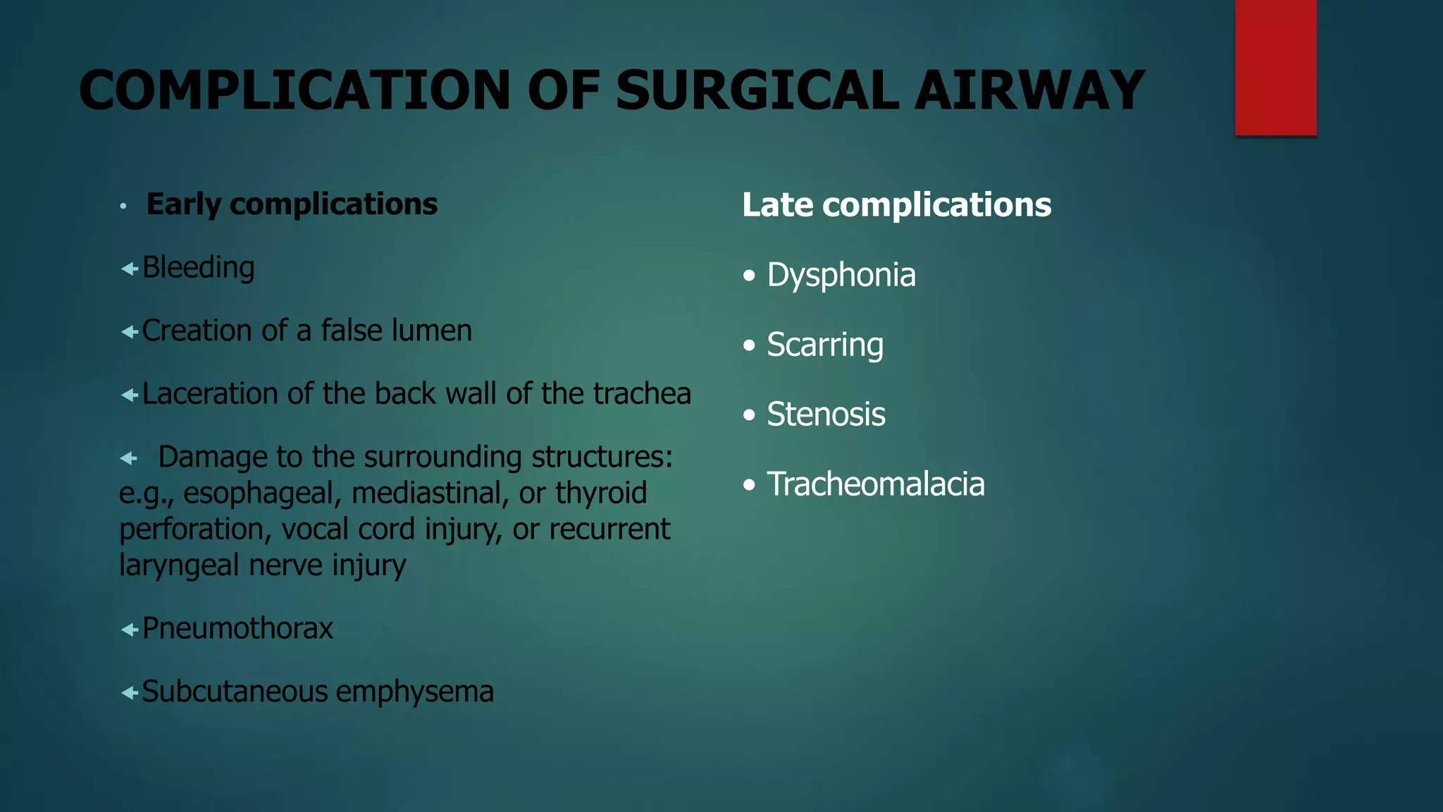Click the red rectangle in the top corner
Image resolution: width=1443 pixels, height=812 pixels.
point(1275,68)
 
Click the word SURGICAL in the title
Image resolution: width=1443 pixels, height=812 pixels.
point(757,91)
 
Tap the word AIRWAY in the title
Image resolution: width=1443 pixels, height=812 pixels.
point(1029,91)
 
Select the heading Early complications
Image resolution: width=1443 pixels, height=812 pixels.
point(292,204)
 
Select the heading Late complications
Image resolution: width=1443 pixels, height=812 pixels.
point(896,205)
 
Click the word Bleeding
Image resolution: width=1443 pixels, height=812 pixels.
point(198,269)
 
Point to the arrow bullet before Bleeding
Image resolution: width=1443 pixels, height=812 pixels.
point(129,269)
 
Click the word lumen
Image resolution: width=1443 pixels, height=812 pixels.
point(432,331)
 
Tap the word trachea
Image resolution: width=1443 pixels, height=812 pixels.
point(642,393)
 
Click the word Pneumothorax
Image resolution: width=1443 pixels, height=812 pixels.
point(237,629)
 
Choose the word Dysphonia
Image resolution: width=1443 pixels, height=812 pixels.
point(841,275)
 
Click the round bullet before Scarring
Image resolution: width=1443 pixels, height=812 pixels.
point(749,345)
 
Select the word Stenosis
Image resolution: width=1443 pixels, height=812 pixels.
point(826,414)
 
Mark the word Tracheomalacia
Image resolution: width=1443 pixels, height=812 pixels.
point(875,484)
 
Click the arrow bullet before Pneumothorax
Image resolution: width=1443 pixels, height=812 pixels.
point(129,629)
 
